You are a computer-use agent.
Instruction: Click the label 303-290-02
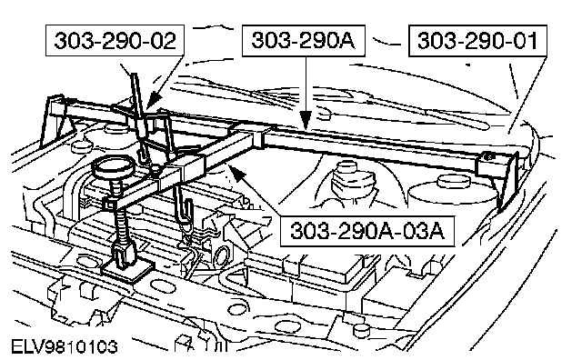point(115,40)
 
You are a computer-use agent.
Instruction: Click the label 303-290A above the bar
point(303,40)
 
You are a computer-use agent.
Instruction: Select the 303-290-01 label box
point(477,41)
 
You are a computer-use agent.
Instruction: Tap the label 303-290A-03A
point(367,231)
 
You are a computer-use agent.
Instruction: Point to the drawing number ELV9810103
point(65,346)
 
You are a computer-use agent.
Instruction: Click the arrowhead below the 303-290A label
point(306,120)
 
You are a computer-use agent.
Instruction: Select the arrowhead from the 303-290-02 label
point(154,99)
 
